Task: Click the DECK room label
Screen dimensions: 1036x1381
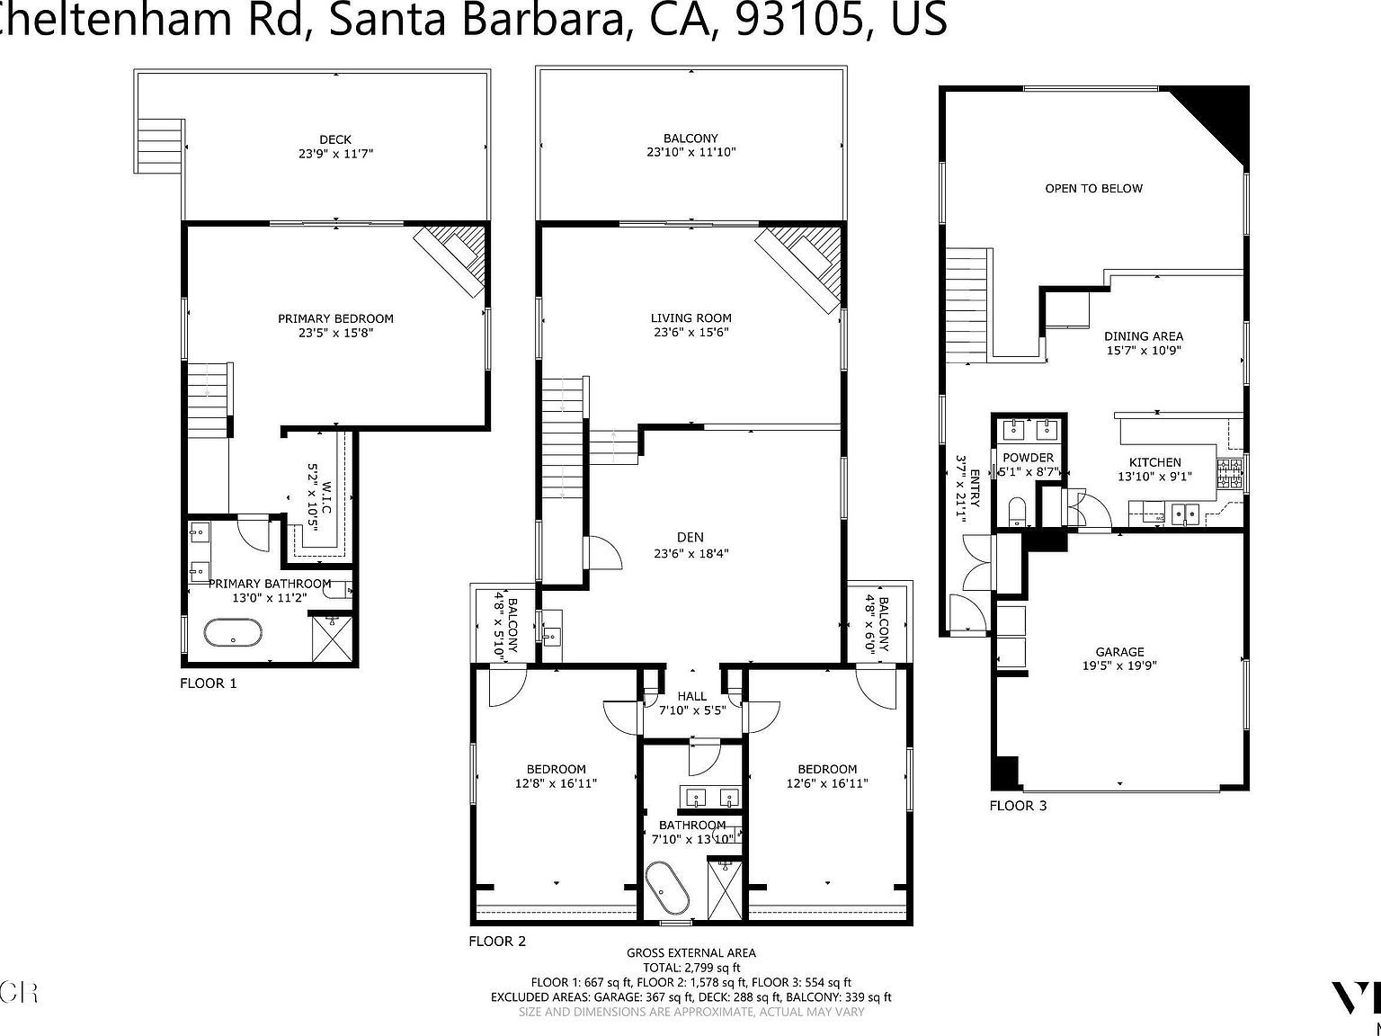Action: tap(334, 139)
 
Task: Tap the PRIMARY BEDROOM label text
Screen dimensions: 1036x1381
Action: tap(335, 318)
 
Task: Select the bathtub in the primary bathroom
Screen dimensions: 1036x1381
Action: tap(234, 633)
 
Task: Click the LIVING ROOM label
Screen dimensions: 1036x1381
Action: tap(690, 317)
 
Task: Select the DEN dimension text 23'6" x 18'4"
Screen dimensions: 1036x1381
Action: tap(690, 554)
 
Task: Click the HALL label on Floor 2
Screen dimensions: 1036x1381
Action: tap(692, 696)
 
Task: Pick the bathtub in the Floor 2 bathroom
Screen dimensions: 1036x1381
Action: tap(666, 889)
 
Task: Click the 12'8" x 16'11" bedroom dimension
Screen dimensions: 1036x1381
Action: tap(556, 783)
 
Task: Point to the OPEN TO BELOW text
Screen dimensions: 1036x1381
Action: tap(1093, 188)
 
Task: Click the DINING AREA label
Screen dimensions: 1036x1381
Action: tap(1143, 336)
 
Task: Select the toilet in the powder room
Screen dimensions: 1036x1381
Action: tap(1017, 512)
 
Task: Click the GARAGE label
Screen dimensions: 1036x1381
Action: tap(1119, 652)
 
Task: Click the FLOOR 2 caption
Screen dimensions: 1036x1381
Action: tap(497, 942)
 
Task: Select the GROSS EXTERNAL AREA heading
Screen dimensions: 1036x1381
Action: tap(690, 952)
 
